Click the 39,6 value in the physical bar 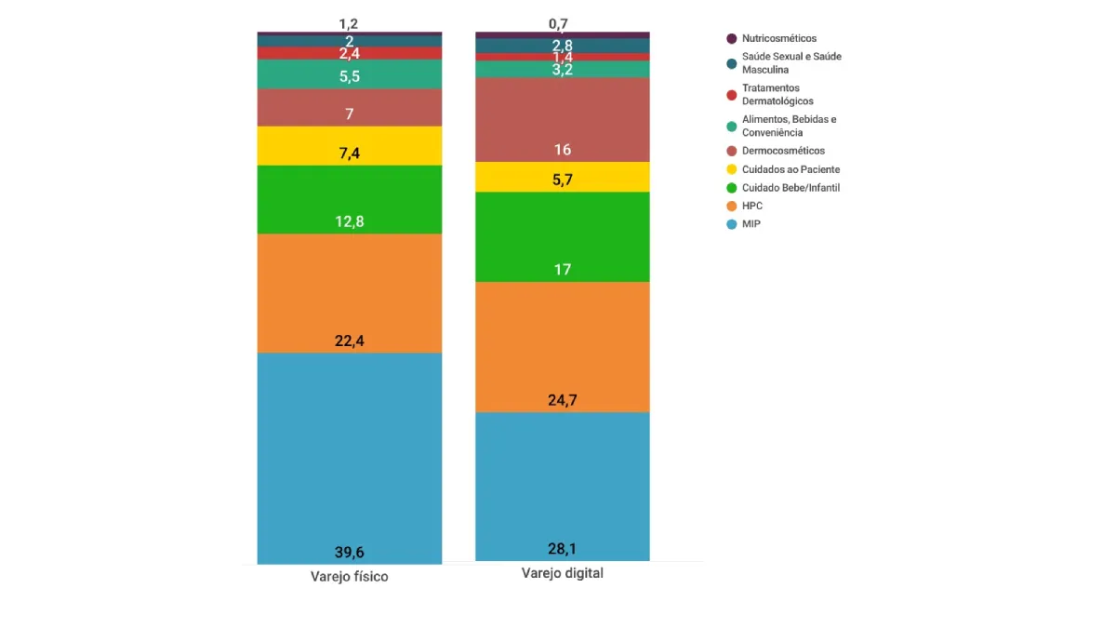coord(350,551)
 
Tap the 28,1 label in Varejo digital coord(562,548)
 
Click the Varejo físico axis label coord(349,577)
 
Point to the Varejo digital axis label coord(562,573)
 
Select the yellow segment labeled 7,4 coord(350,145)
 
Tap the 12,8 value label coord(350,221)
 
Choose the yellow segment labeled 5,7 coord(562,177)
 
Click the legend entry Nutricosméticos coord(778,38)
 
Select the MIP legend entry coord(751,224)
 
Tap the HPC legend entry coord(751,206)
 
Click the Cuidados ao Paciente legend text coord(790,169)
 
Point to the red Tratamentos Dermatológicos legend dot coord(732,95)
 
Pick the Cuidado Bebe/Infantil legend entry coord(790,188)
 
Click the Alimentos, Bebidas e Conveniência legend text coord(789,126)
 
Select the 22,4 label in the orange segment coord(350,341)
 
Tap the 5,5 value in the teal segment coord(350,76)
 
